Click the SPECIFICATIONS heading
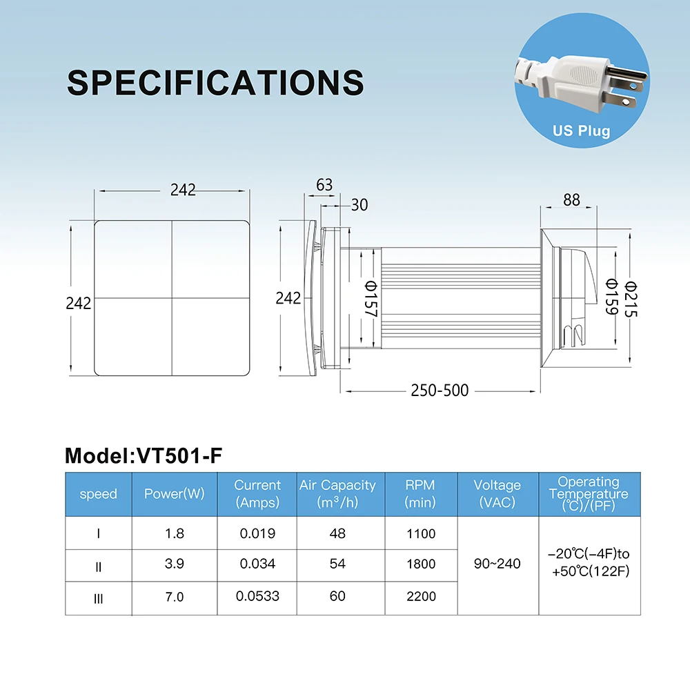click(x=215, y=82)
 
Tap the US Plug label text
click(x=581, y=130)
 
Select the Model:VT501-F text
click(x=144, y=455)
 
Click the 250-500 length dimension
click(x=440, y=391)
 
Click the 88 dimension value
click(x=571, y=199)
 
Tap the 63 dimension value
click(x=324, y=185)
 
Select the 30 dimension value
click(x=359, y=205)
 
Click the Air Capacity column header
click(x=337, y=493)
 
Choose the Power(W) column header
click(x=174, y=494)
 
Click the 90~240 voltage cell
click(x=497, y=564)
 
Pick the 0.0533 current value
click(x=257, y=595)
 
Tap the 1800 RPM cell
click(x=421, y=564)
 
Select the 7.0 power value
click(x=174, y=596)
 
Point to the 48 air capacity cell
click(x=337, y=533)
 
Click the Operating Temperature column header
click(x=589, y=493)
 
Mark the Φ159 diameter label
click(x=611, y=297)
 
